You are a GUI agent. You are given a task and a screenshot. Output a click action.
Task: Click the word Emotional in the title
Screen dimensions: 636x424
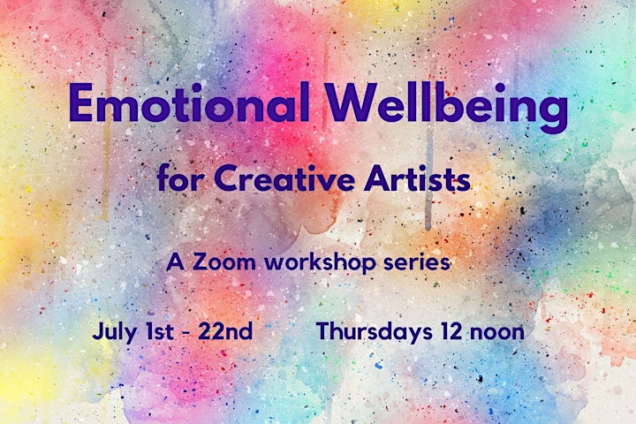pos(189,102)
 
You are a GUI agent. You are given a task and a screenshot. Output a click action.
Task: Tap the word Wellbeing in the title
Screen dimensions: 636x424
pos(447,106)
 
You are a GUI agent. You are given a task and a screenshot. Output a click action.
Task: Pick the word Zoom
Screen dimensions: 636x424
pos(223,262)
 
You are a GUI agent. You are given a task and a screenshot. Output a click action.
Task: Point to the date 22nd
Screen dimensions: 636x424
pos(225,331)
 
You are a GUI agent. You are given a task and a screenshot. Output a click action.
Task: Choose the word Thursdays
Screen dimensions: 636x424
pos(375,332)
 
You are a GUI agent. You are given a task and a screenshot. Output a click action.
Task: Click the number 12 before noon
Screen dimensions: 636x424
pos(450,331)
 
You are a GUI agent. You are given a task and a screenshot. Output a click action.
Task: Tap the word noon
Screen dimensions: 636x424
pos(496,334)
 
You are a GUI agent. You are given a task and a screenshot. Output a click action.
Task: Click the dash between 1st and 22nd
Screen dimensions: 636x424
pos(186,333)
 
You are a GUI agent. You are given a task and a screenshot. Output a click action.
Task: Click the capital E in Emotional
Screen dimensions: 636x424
pos(80,103)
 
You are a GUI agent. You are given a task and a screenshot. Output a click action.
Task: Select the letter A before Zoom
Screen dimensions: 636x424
pos(175,262)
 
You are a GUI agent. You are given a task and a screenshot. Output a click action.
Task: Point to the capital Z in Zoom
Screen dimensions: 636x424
pos(201,262)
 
